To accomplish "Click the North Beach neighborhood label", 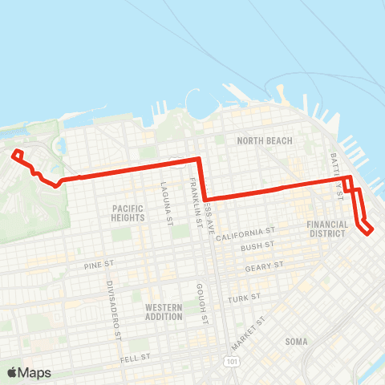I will tap(264, 141).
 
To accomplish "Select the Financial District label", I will tap(329, 229).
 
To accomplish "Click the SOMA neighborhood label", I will tap(296, 342).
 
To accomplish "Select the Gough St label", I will tap(205, 303).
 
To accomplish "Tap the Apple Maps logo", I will tap(29, 372).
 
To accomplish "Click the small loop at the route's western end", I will tap(18, 154).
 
